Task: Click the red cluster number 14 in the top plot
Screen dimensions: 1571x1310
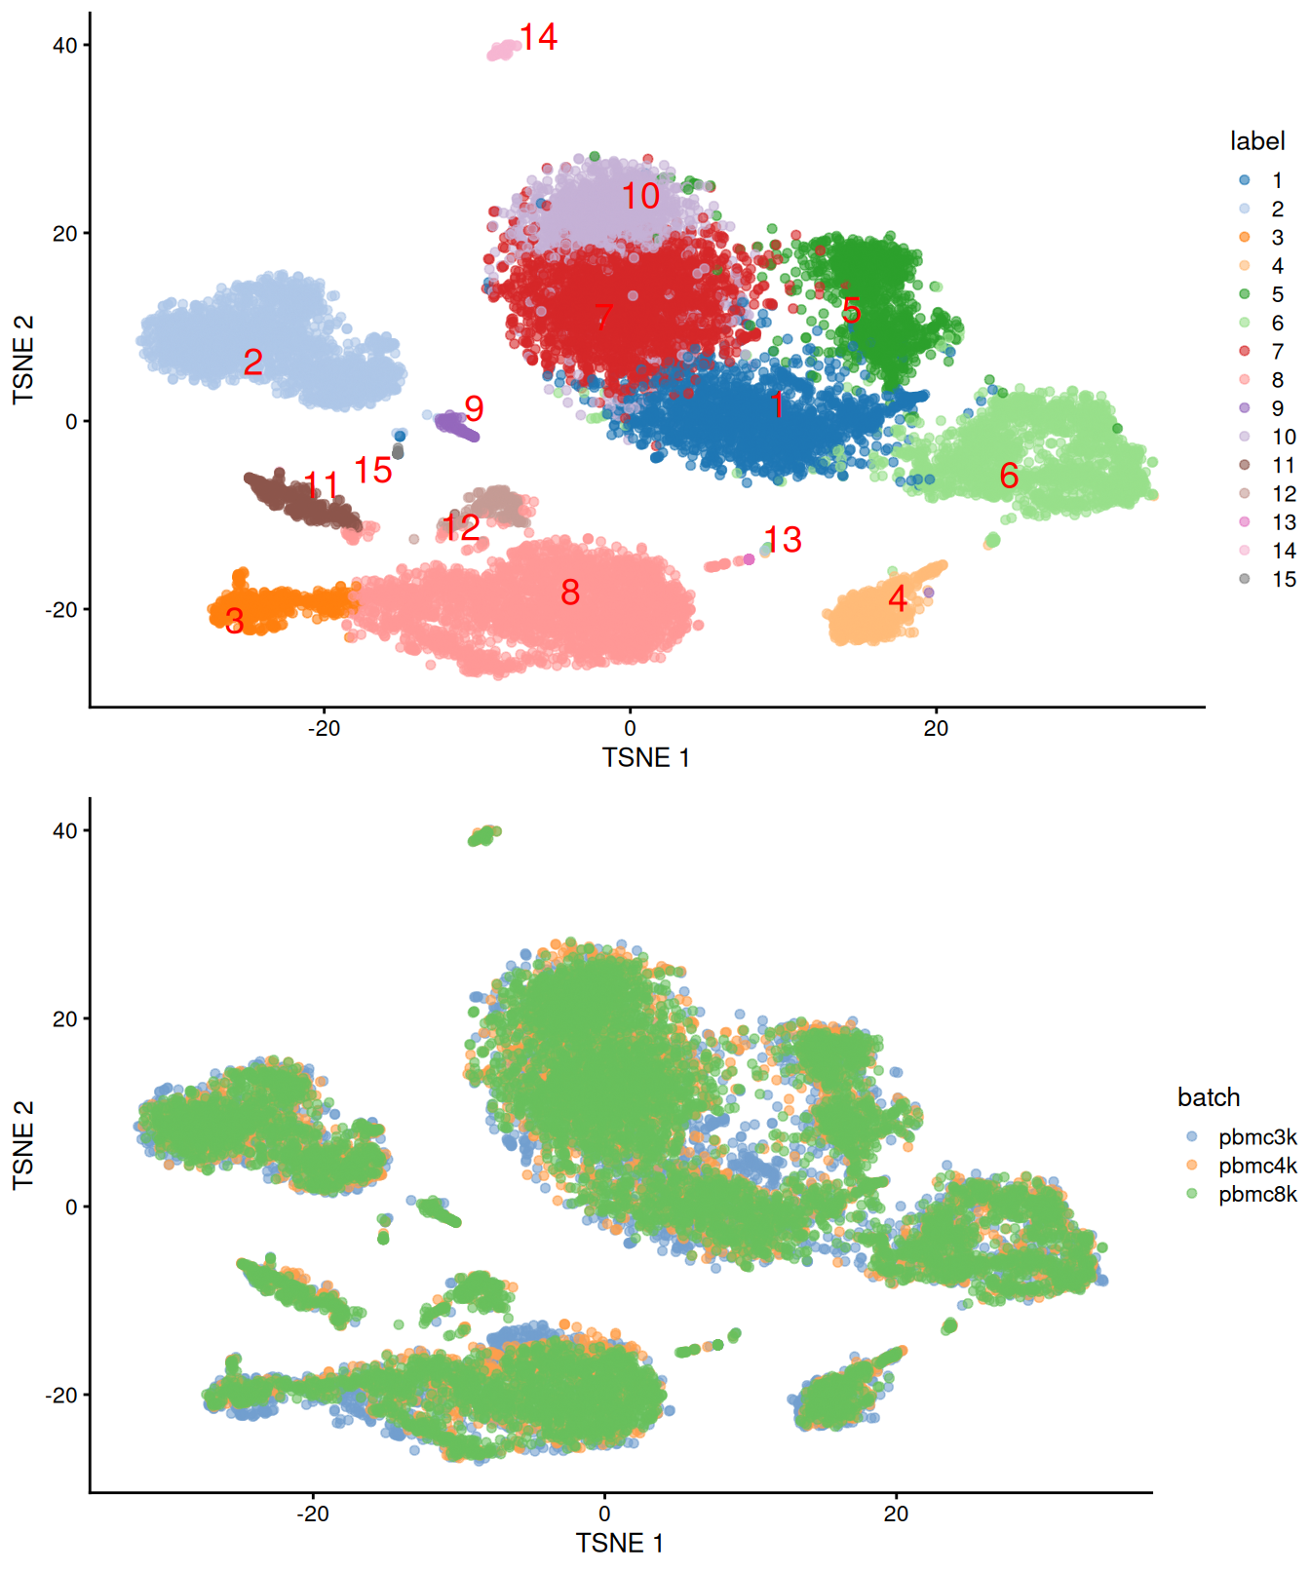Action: [x=538, y=38]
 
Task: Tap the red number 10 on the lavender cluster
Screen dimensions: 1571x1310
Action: [x=640, y=197]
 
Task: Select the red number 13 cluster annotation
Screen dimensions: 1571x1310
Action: [x=782, y=540]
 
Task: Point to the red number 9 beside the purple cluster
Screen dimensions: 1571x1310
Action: [x=474, y=409]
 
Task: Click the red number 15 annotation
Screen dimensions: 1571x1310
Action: [x=372, y=471]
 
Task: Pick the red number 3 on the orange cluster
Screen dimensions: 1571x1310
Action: [x=234, y=621]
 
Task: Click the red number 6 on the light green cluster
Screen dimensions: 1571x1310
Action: [x=1009, y=476]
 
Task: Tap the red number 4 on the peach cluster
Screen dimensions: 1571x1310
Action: [x=898, y=598]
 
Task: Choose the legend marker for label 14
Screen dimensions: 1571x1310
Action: [x=1245, y=551]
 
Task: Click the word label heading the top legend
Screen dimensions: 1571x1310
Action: [x=1257, y=141]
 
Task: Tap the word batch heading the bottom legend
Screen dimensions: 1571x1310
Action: [x=1209, y=1097]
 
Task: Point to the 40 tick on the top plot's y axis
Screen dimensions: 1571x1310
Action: [x=65, y=46]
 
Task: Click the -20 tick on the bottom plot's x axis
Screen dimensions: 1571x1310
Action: [x=312, y=1514]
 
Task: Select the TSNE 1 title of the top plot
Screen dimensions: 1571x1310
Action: [x=645, y=758]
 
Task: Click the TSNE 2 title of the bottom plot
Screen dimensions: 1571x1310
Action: [x=23, y=1144]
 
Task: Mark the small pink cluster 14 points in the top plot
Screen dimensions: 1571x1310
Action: [x=503, y=50]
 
